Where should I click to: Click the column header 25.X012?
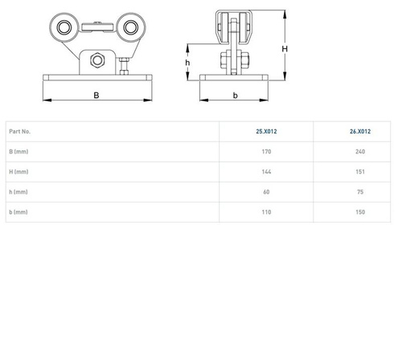266,132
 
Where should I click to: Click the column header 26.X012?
360,132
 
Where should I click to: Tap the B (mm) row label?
18,152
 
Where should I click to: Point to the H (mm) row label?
18,172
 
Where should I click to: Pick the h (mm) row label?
18,192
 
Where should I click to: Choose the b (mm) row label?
18,212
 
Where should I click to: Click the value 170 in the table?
266,152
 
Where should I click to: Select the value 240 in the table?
360,152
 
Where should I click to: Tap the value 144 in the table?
266,172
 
